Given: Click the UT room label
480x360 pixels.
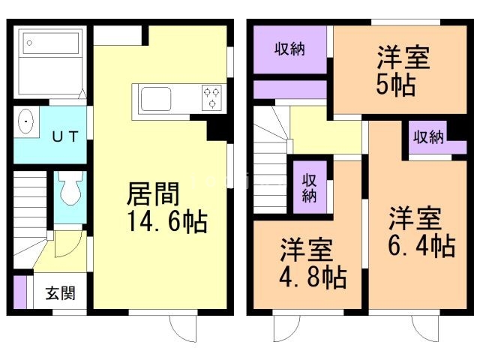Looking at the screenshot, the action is pyautogui.click(x=65, y=136).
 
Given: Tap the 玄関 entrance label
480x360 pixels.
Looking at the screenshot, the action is pyautogui.click(x=60, y=293).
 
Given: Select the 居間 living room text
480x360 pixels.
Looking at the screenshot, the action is pyautogui.click(x=153, y=193).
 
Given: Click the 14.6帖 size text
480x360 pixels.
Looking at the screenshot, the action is pyautogui.click(x=167, y=221).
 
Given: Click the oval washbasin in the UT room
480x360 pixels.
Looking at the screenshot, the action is pyautogui.click(x=26, y=121).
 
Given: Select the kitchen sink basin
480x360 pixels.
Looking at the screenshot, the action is pyautogui.click(x=155, y=99).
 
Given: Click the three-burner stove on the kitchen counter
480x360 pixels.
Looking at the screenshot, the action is pyautogui.click(x=211, y=97).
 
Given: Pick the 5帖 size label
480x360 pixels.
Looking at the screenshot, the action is pyautogui.click(x=396, y=84).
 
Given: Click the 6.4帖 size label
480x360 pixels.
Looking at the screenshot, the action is pyautogui.click(x=421, y=245).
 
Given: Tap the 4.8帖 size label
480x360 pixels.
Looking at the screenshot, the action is pyautogui.click(x=313, y=277).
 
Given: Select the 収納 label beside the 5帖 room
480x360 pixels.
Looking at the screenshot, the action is pyautogui.click(x=289, y=49).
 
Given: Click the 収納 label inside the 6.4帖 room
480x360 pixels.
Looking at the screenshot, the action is pyautogui.click(x=428, y=136).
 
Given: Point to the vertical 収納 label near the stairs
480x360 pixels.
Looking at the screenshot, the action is pyautogui.click(x=309, y=187).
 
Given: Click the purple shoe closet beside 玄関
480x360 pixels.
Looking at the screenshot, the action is pyautogui.click(x=20, y=292).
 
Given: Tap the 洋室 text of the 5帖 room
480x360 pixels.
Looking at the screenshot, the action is pyautogui.click(x=403, y=58).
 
